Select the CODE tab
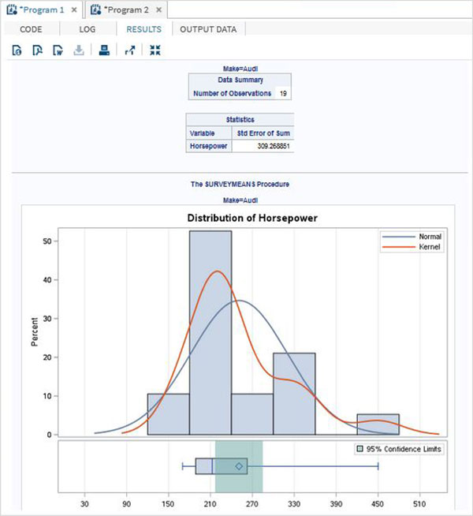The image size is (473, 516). coord(31,29)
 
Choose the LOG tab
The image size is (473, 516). coord(88,29)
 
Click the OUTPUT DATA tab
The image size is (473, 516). coord(211,29)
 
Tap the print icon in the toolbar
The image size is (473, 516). coord(103,50)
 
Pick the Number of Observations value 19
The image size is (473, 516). coord(284,93)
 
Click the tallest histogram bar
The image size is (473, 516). coord(210,331)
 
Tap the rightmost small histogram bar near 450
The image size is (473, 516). coord(378,424)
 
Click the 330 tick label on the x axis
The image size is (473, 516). coord(294,501)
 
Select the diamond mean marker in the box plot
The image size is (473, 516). coord(238,466)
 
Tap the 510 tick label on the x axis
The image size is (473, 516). coord(419,501)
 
